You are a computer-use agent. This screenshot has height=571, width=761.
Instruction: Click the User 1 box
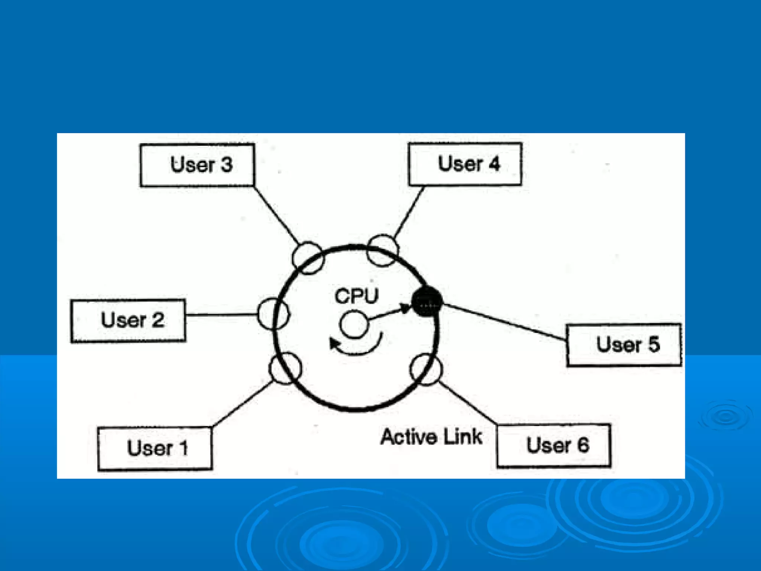click(x=155, y=448)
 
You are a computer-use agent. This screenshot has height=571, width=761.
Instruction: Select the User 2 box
click(x=128, y=320)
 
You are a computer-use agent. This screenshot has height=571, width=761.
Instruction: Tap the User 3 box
click(x=197, y=165)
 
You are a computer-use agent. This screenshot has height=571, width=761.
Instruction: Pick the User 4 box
click(x=465, y=164)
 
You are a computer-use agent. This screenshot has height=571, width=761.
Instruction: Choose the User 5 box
click(x=624, y=345)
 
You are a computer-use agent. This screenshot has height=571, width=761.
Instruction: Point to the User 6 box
click(x=554, y=445)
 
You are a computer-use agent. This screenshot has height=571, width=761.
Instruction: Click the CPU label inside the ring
click(x=356, y=296)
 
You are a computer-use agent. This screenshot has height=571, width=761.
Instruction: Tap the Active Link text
click(x=431, y=437)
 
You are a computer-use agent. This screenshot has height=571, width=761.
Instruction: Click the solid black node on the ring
click(x=427, y=301)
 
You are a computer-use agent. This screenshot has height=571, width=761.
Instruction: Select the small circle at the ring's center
click(x=354, y=325)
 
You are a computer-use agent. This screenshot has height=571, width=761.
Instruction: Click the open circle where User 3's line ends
click(x=308, y=258)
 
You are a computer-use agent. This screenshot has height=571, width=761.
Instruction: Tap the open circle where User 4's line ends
click(x=383, y=250)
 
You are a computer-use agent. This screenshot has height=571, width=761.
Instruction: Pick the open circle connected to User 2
click(x=273, y=314)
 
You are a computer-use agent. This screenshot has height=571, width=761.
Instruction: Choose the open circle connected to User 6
click(x=426, y=370)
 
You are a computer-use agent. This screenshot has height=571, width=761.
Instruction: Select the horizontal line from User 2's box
click(x=221, y=314)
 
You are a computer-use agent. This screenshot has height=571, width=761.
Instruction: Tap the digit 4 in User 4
click(x=494, y=164)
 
